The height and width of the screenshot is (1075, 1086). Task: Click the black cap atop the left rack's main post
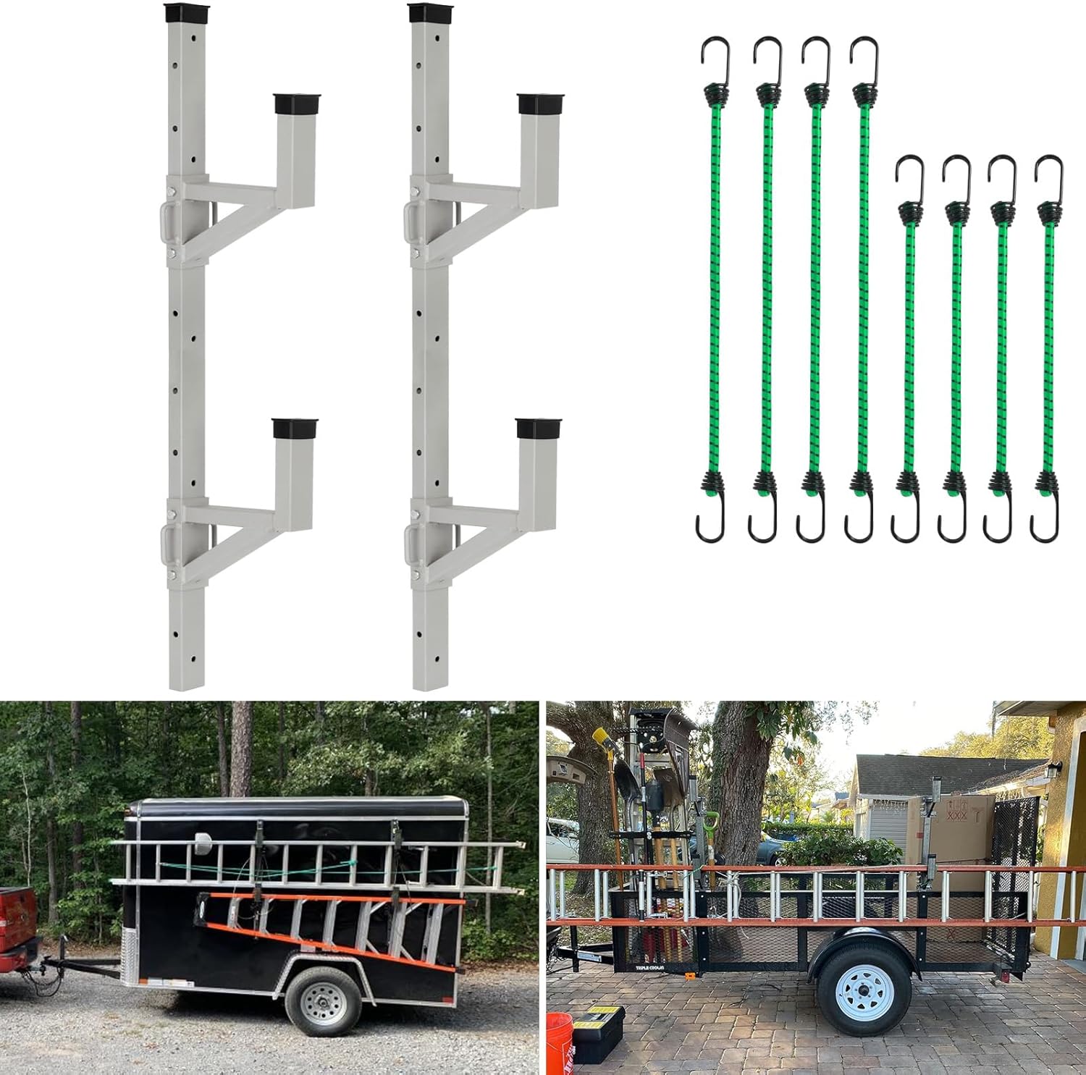[185, 13]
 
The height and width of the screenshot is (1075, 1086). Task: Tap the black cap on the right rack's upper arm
[540, 103]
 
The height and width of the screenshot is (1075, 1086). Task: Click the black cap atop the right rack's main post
[428, 13]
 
